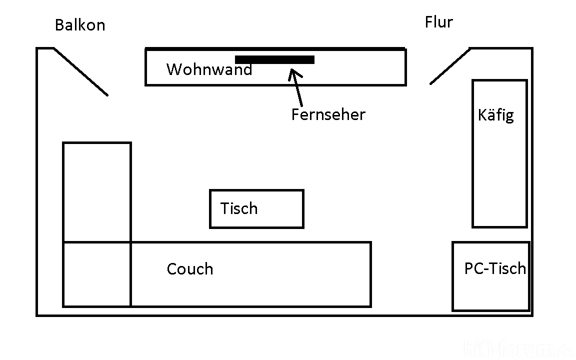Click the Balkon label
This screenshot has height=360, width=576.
(x=80, y=25)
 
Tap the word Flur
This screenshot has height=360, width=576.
(x=438, y=22)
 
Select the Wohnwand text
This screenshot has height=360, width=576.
(x=209, y=69)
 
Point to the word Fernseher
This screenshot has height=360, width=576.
(x=328, y=114)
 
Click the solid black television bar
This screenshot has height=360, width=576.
(x=274, y=59)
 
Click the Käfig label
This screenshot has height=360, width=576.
(x=495, y=115)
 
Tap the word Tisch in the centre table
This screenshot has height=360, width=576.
(x=239, y=208)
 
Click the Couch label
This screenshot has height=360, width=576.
(x=190, y=269)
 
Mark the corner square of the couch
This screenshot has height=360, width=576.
(x=97, y=274)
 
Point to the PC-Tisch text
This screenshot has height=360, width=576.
(x=495, y=268)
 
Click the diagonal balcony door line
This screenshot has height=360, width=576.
(x=80, y=71)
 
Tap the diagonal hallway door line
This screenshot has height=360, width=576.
(x=449, y=66)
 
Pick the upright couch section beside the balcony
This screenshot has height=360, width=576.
(x=97, y=192)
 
